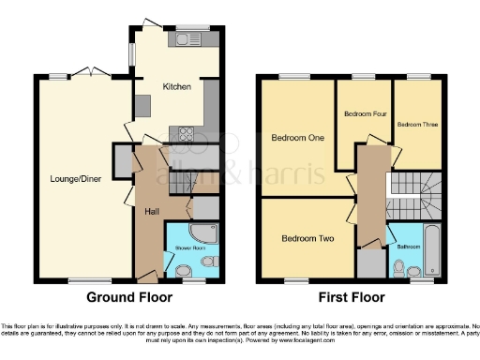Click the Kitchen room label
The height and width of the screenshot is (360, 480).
[x=177, y=86]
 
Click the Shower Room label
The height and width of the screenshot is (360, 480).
[x=184, y=247]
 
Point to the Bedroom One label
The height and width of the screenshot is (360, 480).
[x=297, y=138]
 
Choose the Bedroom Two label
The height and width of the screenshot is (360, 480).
[x=307, y=238]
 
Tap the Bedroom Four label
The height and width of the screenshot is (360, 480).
[x=365, y=113]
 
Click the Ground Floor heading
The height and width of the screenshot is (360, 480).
[x=129, y=298]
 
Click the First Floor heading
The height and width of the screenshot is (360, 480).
[x=353, y=298]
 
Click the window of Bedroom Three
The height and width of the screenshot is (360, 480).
[x=418, y=77]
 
